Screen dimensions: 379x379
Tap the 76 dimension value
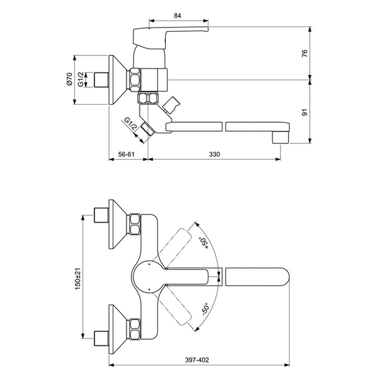point(305,53)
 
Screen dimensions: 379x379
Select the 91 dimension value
point(305,112)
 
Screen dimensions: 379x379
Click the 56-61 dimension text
point(127,154)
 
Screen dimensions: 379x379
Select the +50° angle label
point(203,242)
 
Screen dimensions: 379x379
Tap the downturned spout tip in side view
point(284,133)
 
